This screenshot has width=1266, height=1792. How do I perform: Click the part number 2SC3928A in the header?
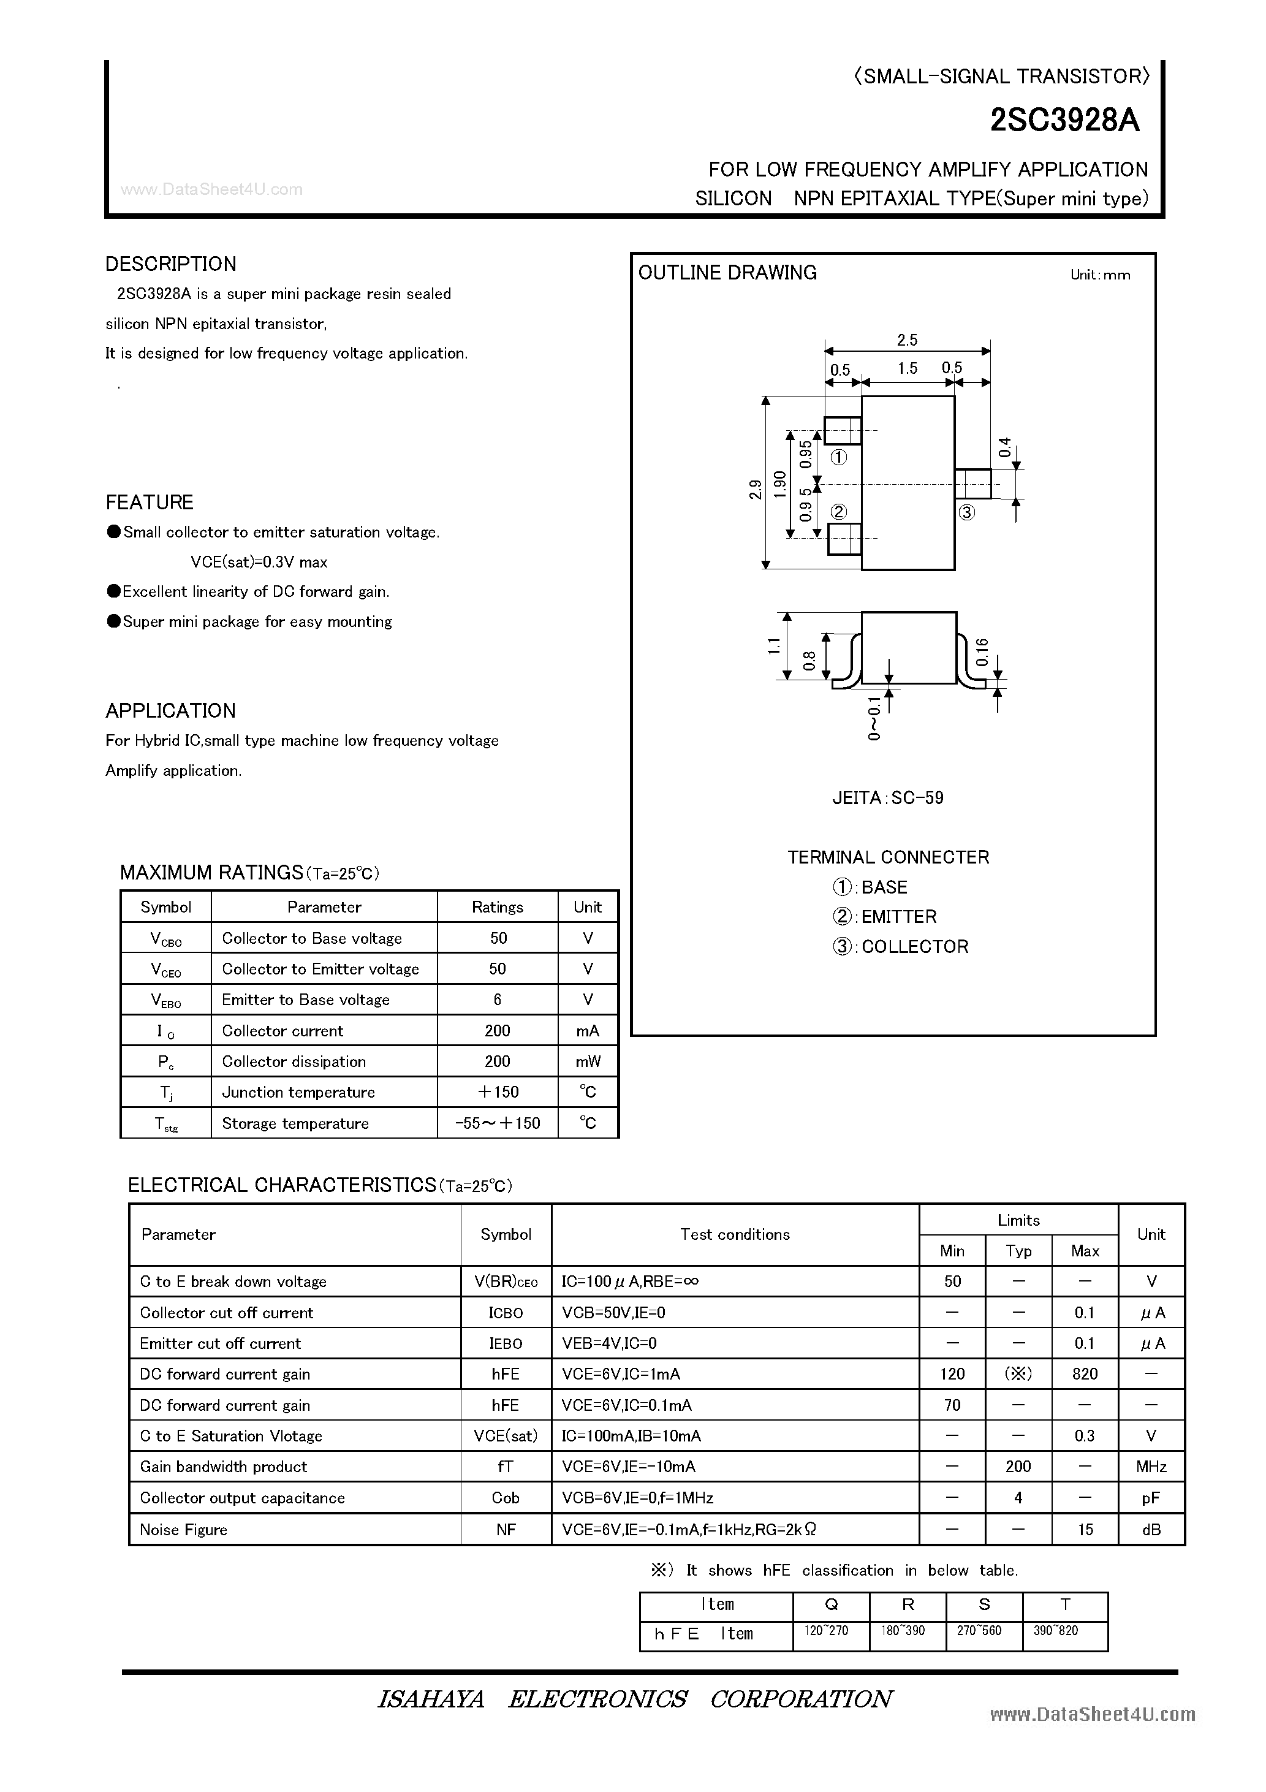point(1064,121)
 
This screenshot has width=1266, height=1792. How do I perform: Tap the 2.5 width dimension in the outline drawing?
point(907,340)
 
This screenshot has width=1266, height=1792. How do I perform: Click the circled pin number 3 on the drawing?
point(966,513)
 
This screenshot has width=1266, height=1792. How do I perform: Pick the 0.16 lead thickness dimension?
point(982,651)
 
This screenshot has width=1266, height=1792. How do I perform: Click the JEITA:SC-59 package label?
point(889,798)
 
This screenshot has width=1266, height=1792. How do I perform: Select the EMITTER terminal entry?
point(884,916)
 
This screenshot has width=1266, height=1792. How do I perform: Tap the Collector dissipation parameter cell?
point(294,1061)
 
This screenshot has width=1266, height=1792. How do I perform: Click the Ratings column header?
point(497,907)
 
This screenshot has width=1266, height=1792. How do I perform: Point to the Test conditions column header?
point(735,1234)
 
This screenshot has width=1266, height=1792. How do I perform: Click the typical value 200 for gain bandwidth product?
point(1018,1467)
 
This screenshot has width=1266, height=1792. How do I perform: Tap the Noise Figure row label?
point(183,1530)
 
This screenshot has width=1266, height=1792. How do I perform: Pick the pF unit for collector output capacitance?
point(1150,1498)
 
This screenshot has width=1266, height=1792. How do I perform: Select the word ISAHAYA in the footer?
point(431,1699)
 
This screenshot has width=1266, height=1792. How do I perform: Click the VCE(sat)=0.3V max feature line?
point(259,562)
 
